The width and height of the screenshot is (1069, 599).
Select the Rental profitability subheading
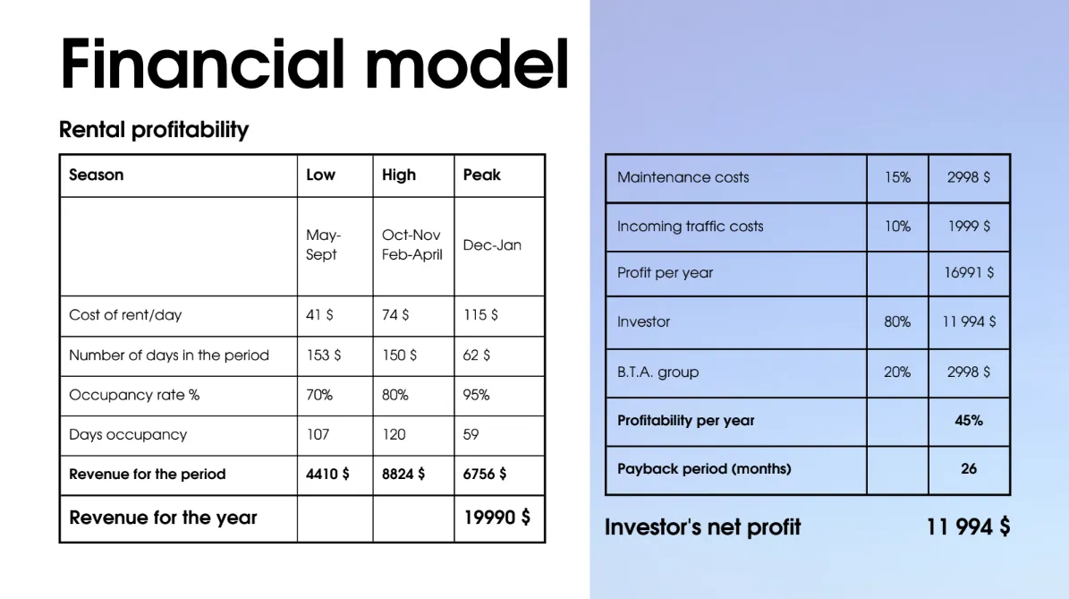[154, 130]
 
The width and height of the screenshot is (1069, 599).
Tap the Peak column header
[482, 175]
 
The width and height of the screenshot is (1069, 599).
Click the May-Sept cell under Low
[323, 245]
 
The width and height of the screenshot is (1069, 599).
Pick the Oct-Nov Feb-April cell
[411, 245]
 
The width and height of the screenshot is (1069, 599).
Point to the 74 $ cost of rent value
[395, 315]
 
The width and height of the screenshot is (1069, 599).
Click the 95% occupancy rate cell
[476, 395]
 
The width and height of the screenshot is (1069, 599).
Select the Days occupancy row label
[128, 435]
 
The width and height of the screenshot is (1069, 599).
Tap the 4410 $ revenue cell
[327, 475]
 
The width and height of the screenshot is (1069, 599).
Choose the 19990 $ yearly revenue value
[497, 518]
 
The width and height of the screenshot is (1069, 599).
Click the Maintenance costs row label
[683, 177]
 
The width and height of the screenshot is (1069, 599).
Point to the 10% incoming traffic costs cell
[897, 227]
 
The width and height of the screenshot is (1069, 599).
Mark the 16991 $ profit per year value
[969, 273]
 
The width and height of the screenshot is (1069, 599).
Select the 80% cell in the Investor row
[897, 322]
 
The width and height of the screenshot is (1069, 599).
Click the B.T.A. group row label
[658, 372]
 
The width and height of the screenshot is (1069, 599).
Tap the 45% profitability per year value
[969, 421]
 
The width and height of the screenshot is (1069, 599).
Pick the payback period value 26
[969, 469]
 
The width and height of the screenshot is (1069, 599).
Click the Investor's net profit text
[702, 527]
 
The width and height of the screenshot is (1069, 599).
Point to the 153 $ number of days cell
[323, 355]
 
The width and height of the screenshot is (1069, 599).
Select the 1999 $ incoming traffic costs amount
[969, 227]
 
